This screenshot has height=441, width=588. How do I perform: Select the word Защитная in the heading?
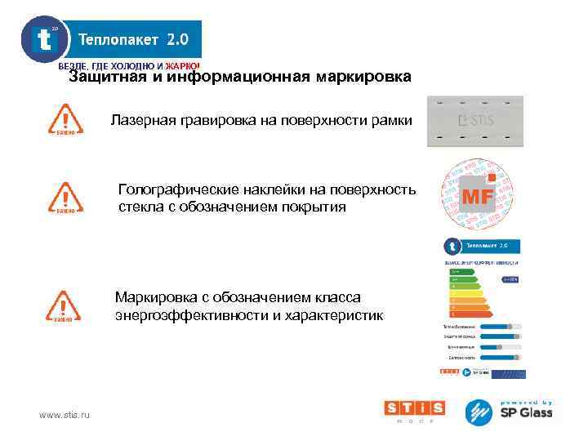[102, 78]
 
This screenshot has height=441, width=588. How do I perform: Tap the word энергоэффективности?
[193, 315]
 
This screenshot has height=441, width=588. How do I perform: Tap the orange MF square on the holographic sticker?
[479, 196]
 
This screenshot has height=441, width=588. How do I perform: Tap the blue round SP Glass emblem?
[480, 412]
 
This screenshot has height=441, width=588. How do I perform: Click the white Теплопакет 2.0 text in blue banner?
[133, 39]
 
